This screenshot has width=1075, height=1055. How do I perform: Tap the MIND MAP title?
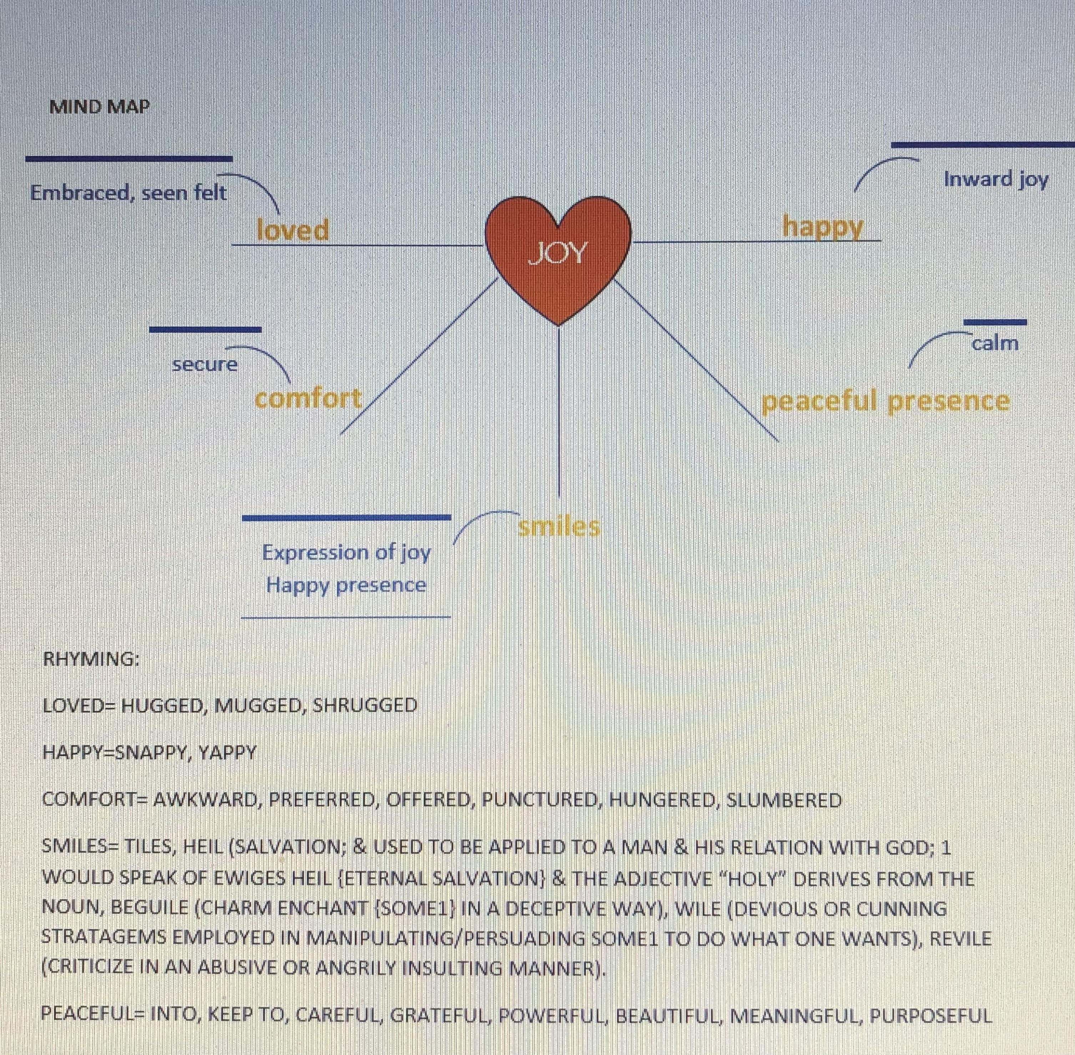click(x=100, y=107)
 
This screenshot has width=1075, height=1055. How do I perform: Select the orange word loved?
click(x=293, y=229)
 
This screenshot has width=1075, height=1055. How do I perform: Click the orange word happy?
click(x=823, y=227)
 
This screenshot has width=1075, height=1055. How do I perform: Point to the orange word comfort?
click(x=308, y=398)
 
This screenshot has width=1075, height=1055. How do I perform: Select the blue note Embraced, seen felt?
click(x=128, y=193)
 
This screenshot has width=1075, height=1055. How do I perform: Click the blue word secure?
click(x=205, y=365)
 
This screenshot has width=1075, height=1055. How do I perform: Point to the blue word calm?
click(x=995, y=343)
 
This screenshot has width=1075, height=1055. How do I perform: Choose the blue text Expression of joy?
click(x=347, y=553)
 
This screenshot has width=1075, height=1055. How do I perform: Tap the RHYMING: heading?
click(x=91, y=659)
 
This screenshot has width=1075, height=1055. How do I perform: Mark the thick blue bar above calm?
click(x=995, y=322)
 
